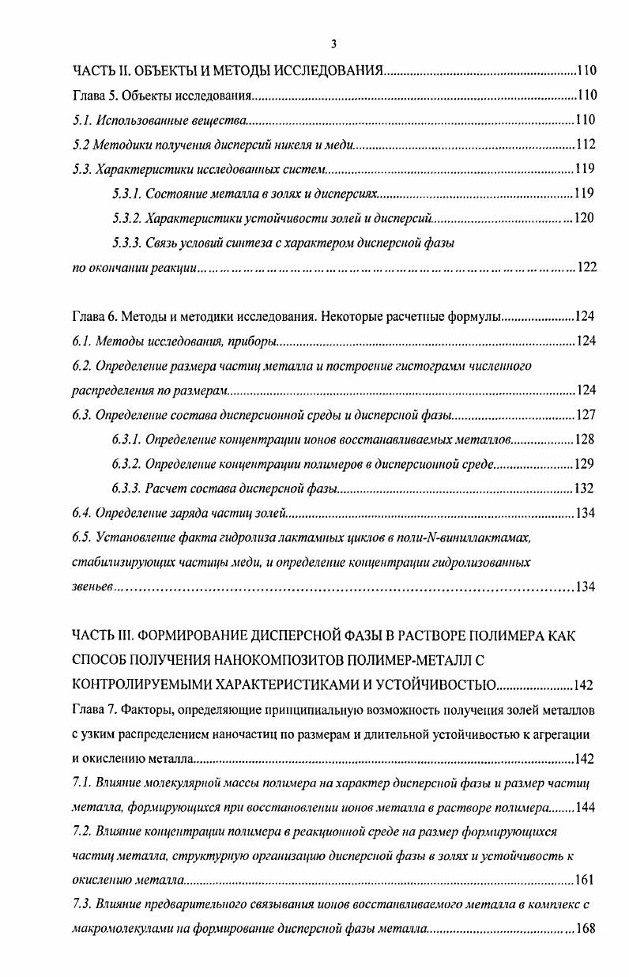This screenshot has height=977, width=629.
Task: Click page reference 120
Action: pyautogui.click(x=583, y=218)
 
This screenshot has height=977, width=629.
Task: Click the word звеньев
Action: pyautogui.click(x=93, y=587)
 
